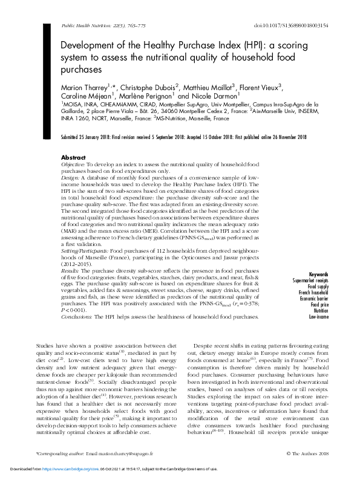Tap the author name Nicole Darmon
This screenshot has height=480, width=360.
(x=218, y=96)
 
